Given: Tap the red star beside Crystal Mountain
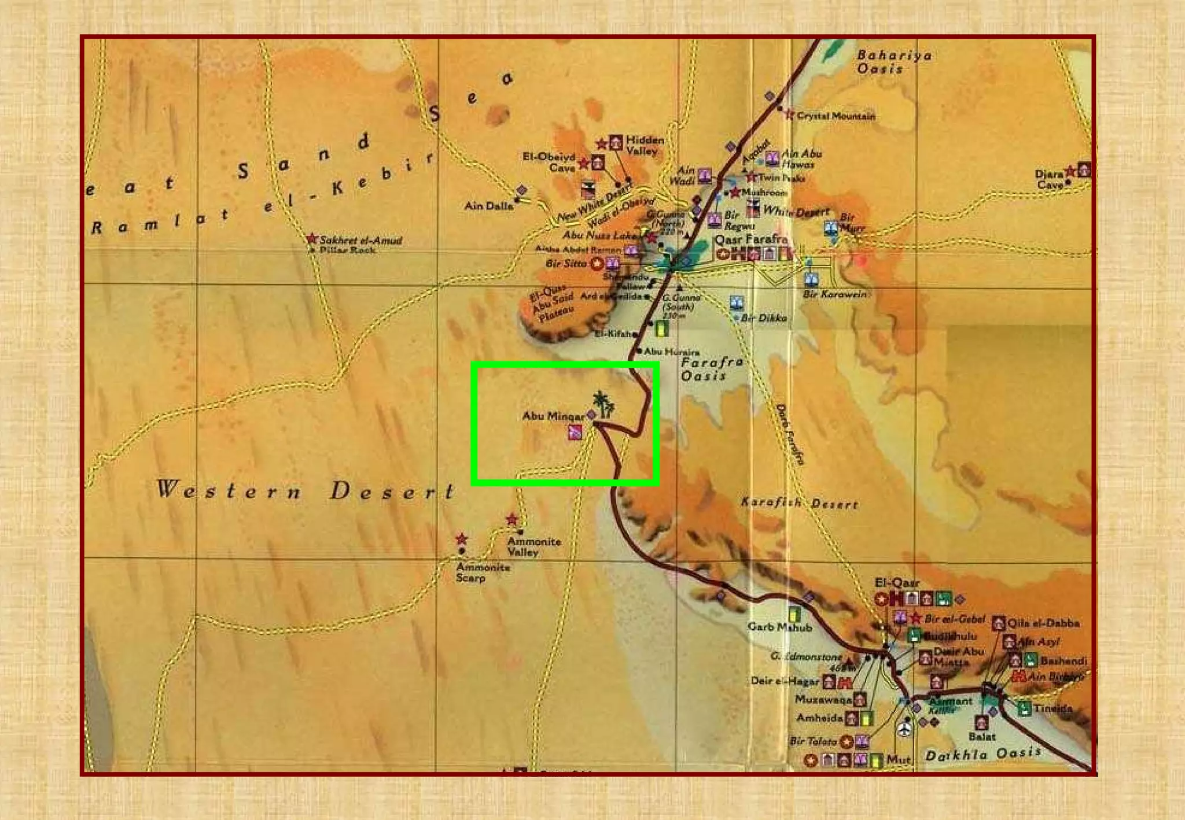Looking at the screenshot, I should [789, 114].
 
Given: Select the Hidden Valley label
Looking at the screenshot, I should [644, 145].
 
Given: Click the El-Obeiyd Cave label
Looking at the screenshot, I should [549, 162].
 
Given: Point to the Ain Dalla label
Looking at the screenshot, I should [488, 206].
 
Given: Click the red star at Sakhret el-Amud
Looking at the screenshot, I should [312, 239].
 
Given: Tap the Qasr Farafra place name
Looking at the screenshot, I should [751, 239].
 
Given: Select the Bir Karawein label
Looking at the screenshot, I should [834, 294].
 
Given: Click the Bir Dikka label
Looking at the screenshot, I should [764, 318].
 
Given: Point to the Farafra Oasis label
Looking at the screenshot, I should [711, 369].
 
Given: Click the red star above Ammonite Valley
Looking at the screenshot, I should [511, 519].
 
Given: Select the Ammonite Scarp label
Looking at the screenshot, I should [482, 572].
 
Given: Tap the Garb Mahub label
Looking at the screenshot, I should [779, 627].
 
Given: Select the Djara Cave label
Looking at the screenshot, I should [1049, 179].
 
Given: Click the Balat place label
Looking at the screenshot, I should [981, 736].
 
